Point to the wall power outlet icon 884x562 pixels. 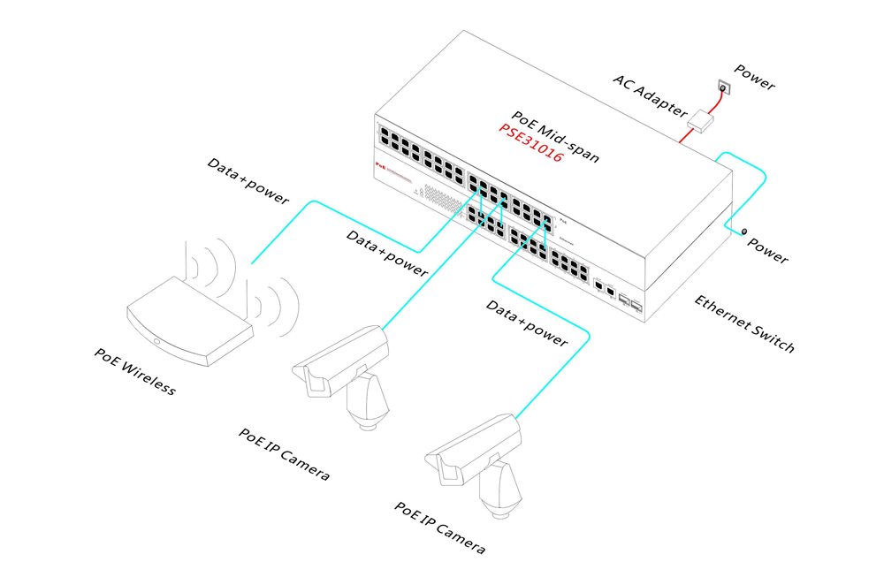[723, 88]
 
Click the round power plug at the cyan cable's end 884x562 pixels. [743, 232]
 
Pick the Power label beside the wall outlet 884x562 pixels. [754, 78]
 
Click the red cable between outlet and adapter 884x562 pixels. [715, 105]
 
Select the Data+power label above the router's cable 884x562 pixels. [248, 180]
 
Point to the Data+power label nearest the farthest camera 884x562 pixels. [526, 323]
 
